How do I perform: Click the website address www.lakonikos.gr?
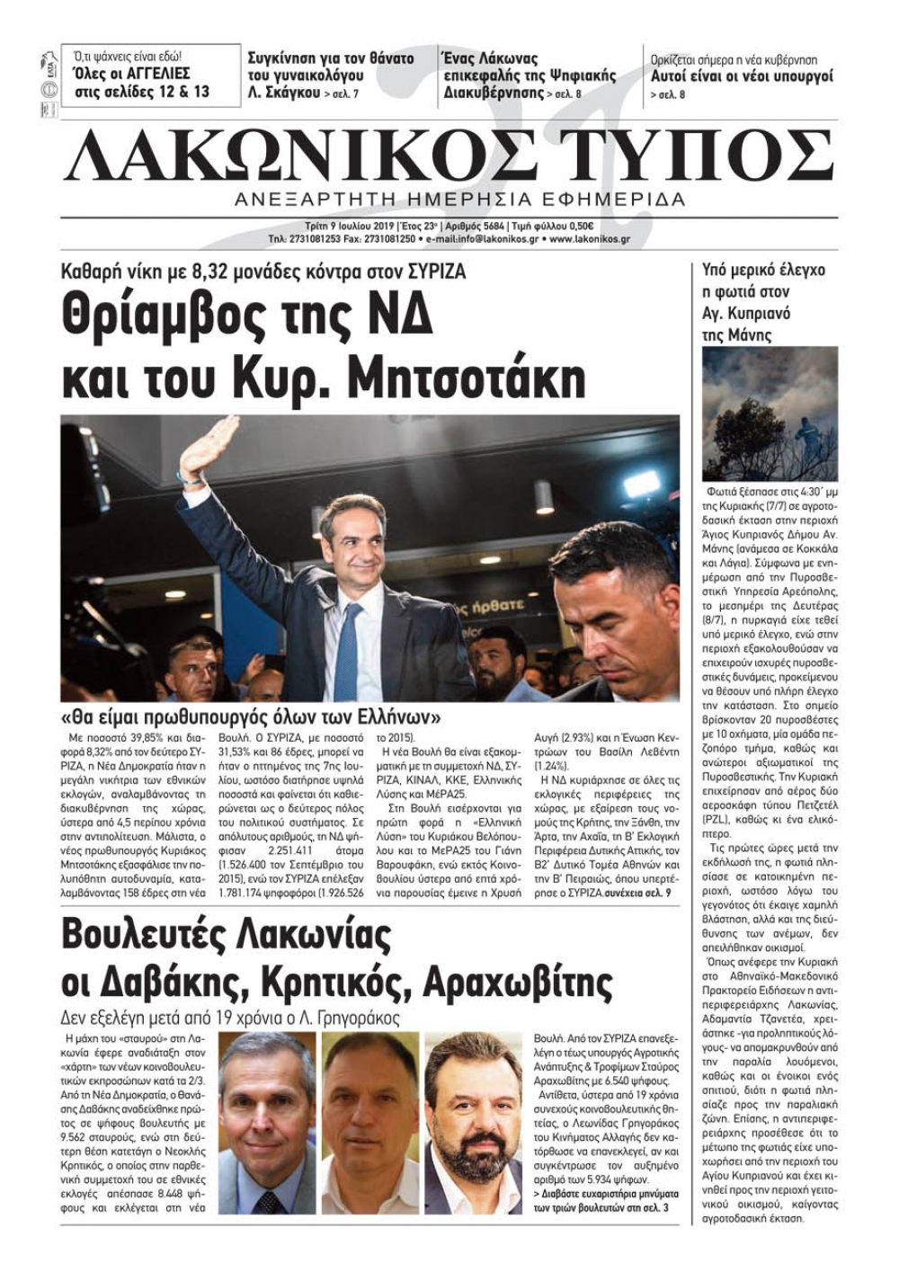pos(589,240)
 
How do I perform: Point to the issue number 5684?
pos(487,227)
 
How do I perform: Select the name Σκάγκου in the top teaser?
pos(294,93)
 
